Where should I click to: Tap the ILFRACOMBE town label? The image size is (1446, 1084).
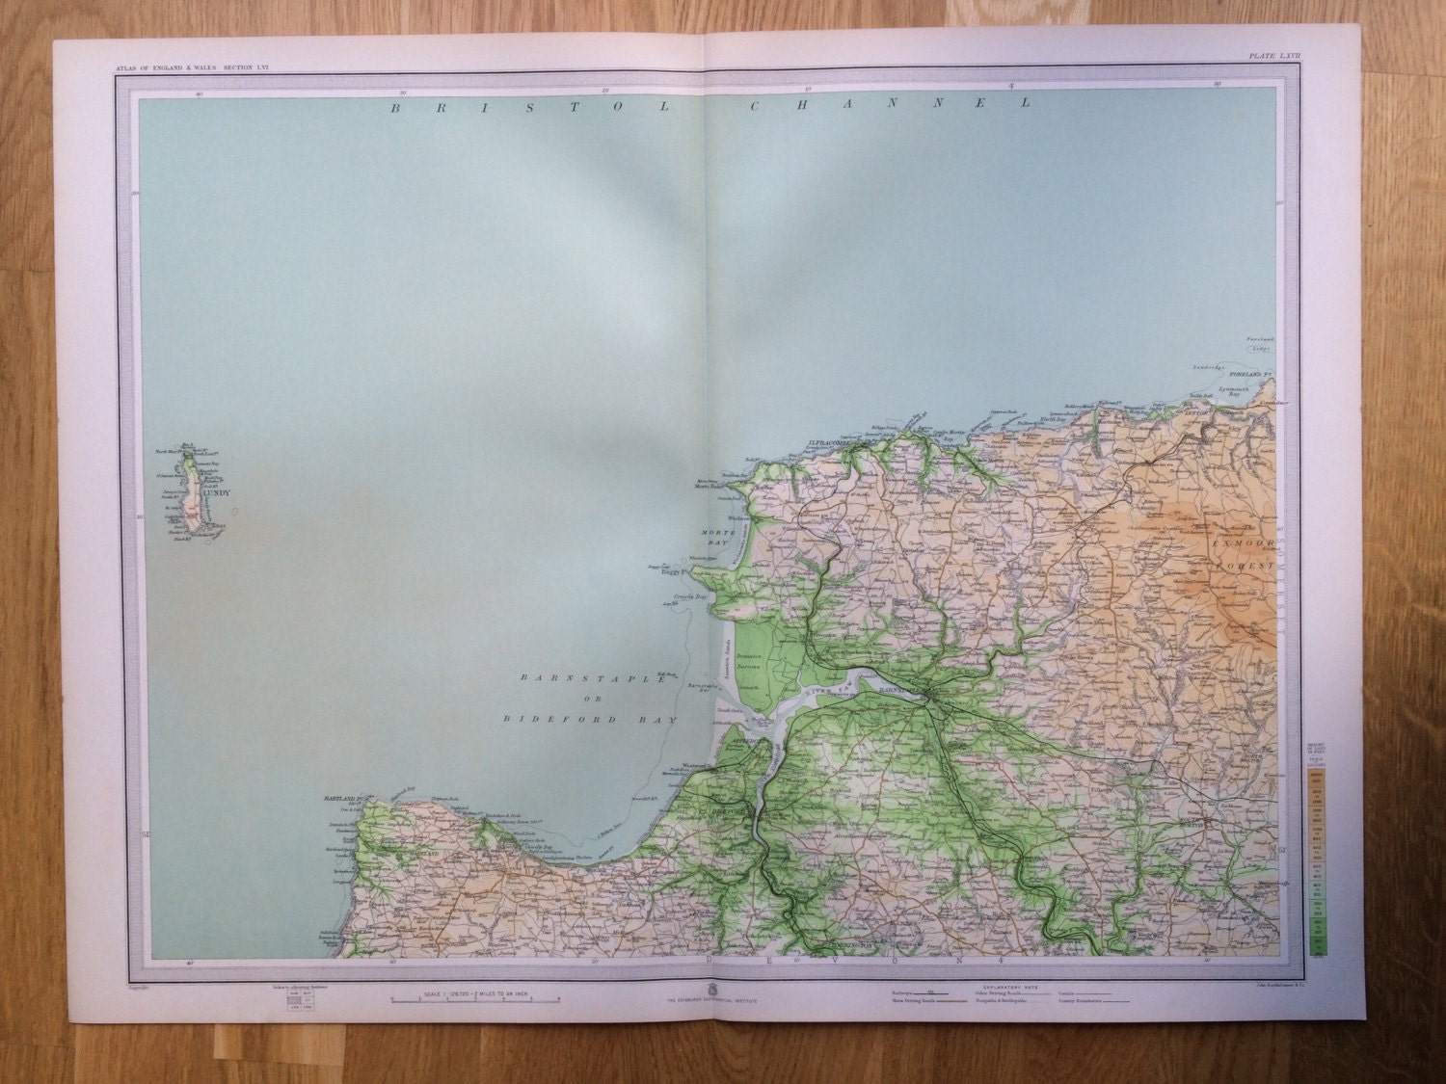827,444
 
